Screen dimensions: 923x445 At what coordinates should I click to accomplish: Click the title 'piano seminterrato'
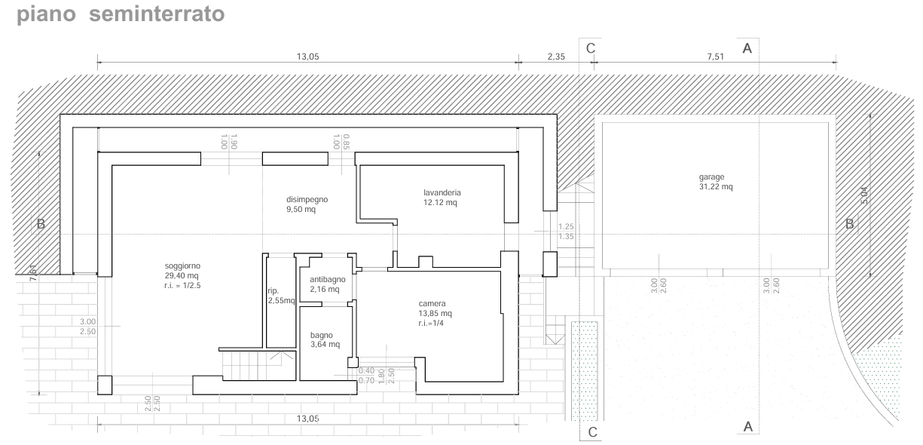click(121, 14)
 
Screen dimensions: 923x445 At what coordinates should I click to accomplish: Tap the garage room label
click(711, 177)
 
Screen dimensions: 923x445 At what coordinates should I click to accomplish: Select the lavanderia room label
click(442, 192)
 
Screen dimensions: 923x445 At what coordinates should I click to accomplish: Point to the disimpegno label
click(307, 200)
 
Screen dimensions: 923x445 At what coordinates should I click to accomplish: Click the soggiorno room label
click(182, 266)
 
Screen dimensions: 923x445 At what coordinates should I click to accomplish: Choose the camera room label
click(432, 303)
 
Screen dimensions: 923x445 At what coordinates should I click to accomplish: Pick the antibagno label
click(328, 280)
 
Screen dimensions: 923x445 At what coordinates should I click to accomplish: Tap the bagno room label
click(322, 336)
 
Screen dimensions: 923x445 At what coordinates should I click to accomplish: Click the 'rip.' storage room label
click(274, 290)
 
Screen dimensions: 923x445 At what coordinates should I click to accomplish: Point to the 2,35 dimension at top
click(556, 57)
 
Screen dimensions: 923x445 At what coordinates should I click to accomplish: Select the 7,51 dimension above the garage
click(715, 57)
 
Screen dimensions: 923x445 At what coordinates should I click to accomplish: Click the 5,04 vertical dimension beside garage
click(864, 195)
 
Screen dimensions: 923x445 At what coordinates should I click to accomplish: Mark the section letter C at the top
click(591, 48)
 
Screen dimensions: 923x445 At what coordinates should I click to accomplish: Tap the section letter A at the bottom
click(748, 427)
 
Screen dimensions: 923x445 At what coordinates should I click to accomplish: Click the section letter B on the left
click(41, 224)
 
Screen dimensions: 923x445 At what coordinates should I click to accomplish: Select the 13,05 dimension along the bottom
click(308, 419)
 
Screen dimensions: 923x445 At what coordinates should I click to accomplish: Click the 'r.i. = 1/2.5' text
click(182, 285)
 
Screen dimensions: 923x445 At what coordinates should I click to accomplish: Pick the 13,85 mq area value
click(436, 314)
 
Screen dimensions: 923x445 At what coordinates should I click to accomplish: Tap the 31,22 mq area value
click(716, 187)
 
